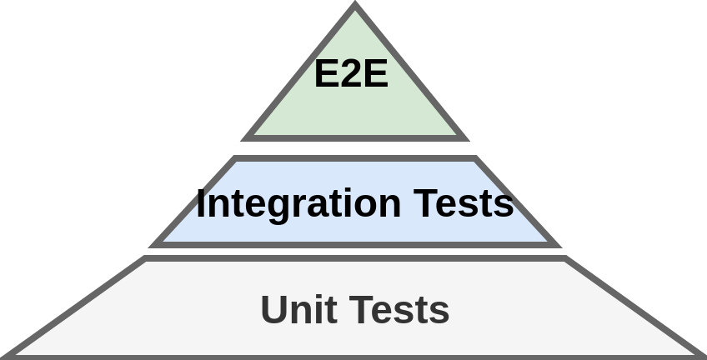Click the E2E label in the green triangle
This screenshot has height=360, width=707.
(351, 74)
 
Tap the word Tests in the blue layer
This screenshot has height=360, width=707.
(463, 203)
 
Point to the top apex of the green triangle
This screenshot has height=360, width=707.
(355, 7)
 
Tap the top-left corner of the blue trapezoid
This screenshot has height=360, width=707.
(235, 158)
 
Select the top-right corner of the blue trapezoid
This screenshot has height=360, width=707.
(475, 158)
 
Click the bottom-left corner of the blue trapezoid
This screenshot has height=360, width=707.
(155, 245)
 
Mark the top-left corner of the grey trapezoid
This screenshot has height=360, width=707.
(146, 259)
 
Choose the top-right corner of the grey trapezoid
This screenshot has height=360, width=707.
(564, 259)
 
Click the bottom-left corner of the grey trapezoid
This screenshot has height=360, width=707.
(7, 357)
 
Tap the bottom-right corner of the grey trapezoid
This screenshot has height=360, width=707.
(702, 357)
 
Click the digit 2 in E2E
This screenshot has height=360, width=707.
(351, 74)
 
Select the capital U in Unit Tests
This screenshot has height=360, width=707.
(274, 310)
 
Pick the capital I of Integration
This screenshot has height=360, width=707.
(201, 203)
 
